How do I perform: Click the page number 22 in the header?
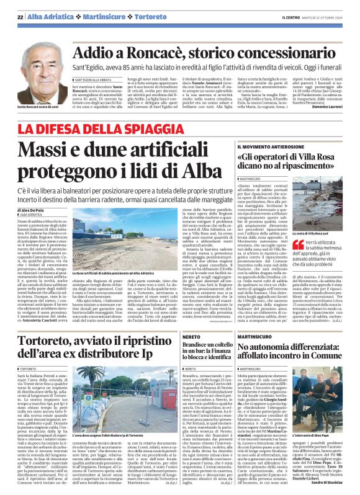[x=20, y=17]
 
